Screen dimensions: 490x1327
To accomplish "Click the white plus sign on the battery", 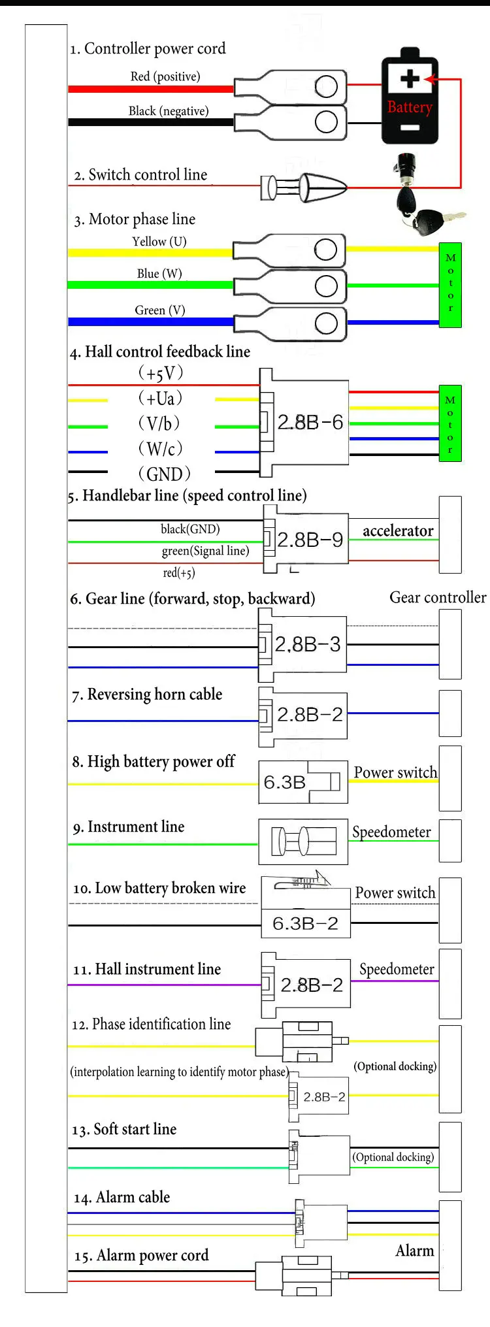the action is pos(410,79).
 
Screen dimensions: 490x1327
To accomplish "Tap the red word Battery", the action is pos(410,107).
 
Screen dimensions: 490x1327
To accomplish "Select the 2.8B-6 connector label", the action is pos(310,422).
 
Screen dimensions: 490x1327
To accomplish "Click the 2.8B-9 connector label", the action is pos(310,540).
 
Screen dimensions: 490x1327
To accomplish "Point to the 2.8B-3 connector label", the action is pos(308,645).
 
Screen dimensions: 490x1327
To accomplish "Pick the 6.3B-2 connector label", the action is pos(305,923).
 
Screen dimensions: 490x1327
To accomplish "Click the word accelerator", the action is pos(398,531).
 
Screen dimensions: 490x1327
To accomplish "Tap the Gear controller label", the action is pos(438,597).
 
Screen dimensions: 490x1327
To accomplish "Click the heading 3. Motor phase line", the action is pos(135,219).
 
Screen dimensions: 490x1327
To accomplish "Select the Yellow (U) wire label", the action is pos(159,241).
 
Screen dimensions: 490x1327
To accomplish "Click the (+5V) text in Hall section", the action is pos(161,373).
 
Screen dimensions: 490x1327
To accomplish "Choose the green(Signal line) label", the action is pos(206,551).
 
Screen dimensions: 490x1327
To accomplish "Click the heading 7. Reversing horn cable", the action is pos(147,694).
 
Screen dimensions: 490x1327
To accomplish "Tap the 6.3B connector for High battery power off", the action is pos(303,781).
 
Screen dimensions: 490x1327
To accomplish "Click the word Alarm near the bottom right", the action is pos(415,1251).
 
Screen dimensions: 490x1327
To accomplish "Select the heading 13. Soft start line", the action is pos(124,1130).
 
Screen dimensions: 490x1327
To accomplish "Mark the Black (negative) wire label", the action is pos(169,111).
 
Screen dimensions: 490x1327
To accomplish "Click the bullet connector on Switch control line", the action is pos(304,187).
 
